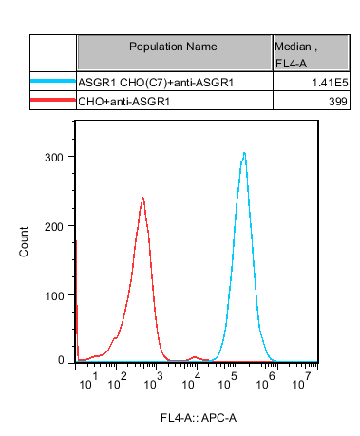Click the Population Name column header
click(x=173, y=47)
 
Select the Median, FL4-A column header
click(x=295, y=55)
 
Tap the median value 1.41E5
click(x=330, y=83)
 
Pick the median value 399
click(x=338, y=102)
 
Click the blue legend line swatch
click(x=53, y=81)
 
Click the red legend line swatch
click(x=53, y=100)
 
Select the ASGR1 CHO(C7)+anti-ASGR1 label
click(x=156, y=83)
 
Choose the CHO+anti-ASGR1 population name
click(x=124, y=102)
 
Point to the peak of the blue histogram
click(x=244, y=153)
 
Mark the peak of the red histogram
click(x=143, y=198)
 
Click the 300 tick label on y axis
click(x=54, y=158)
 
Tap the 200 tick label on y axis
click(x=54, y=227)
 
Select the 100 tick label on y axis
click(x=54, y=296)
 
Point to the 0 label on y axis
click(x=61, y=360)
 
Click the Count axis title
click(x=24, y=241)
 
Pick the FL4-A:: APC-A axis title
click(x=199, y=418)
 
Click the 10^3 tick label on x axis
click(x=153, y=381)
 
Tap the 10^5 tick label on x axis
click(x=228, y=381)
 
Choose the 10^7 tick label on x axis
click(x=302, y=381)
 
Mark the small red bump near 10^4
click(x=195, y=357)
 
